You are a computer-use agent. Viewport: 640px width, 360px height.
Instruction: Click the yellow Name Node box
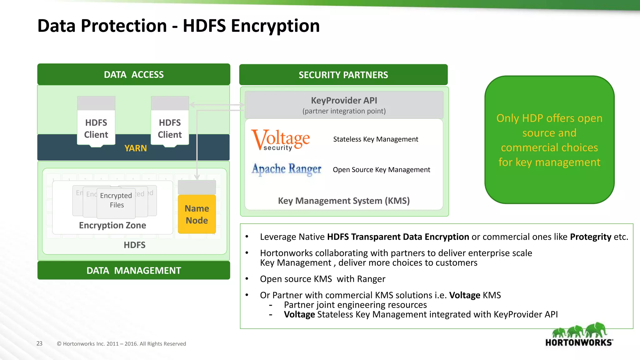(x=197, y=214)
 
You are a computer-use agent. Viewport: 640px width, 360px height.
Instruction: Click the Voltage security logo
(x=281, y=140)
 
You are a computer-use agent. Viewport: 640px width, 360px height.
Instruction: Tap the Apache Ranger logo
(x=287, y=169)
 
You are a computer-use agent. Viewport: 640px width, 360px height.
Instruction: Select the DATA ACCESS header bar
(x=134, y=74)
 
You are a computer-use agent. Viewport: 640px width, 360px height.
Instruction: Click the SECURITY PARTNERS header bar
(x=343, y=75)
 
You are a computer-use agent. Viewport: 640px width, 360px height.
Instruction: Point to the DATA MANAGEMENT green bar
(x=134, y=270)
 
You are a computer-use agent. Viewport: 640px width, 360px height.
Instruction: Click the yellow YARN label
(x=136, y=148)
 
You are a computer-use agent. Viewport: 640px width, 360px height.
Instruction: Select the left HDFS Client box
(x=96, y=128)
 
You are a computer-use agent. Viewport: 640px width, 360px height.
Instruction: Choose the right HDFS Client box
(x=170, y=128)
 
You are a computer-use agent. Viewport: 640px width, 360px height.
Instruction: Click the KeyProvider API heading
(x=344, y=100)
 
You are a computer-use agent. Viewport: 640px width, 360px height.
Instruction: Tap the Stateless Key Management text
(x=375, y=139)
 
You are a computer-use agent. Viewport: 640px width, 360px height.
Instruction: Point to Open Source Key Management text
(x=381, y=170)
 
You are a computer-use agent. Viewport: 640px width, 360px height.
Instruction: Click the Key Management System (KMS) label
(x=344, y=201)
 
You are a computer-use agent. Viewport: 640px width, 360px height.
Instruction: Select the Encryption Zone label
(x=112, y=225)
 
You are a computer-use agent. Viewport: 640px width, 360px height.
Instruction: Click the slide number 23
(x=39, y=343)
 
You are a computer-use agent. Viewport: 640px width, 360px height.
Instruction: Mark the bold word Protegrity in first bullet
(x=590, y=237)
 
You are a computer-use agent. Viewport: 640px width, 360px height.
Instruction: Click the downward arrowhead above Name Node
(x=197, y=177)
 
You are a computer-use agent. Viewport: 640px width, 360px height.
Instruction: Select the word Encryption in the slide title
(x=275, y=26)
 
